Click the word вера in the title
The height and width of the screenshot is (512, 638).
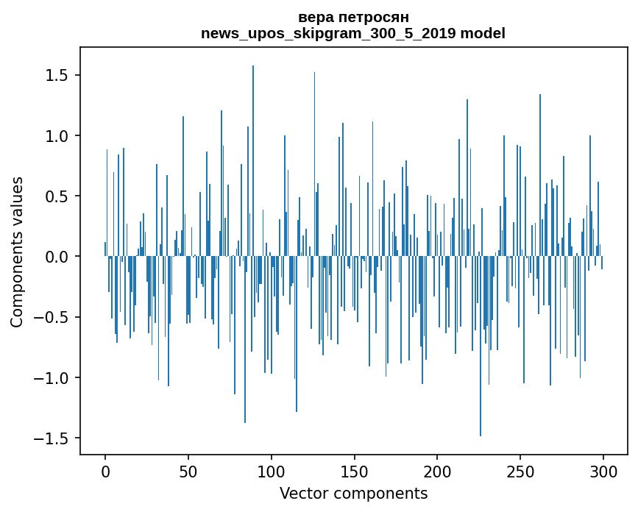pos(314,17)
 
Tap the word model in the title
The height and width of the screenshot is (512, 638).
pos(483,33)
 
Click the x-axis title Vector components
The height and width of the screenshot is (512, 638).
pos(353,493)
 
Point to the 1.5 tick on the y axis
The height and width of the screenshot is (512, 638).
pos(56,76)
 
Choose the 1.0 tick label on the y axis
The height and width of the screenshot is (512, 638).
pos(56,136)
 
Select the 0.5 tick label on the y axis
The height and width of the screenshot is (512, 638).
pos(56,196)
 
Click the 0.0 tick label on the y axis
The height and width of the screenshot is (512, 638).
pos(56,257)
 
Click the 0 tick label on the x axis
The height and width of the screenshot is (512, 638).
pos(105,471)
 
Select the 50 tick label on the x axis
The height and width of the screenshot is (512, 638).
pos(188,471)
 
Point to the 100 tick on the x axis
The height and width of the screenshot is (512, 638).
pos(272,471)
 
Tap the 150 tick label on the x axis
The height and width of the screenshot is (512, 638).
pos(354,471)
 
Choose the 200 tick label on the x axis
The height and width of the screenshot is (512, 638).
pos(437,471)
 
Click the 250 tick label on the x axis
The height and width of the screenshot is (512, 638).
pos(520,471)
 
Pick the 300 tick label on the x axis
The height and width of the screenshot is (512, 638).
pos(603,471)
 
